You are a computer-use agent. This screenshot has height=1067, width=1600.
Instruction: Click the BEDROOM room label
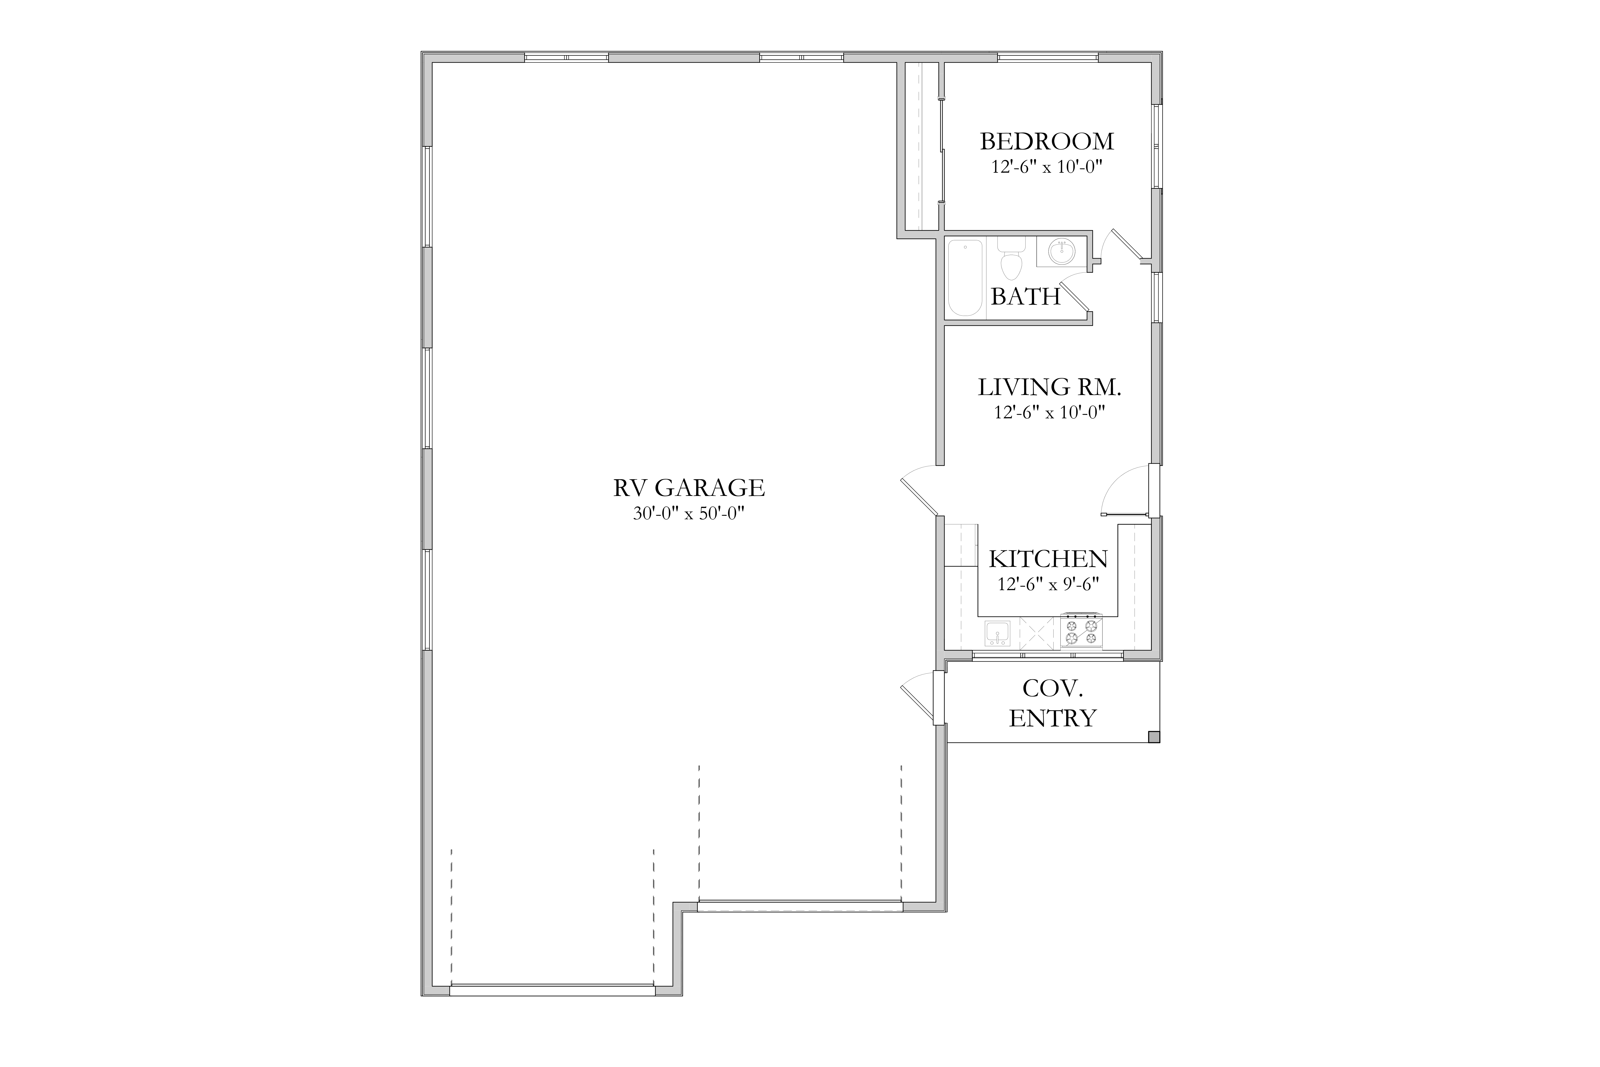click(x=1047, y=142)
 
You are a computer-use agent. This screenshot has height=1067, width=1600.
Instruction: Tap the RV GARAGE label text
click(x=689, y=488)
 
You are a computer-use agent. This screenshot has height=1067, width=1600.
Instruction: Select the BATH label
click(x=1025, y=297)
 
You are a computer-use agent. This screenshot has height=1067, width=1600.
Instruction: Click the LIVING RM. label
click(x=1050, y=387)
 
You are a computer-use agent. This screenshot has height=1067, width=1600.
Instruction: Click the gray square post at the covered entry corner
click(x=1154, y=736)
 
